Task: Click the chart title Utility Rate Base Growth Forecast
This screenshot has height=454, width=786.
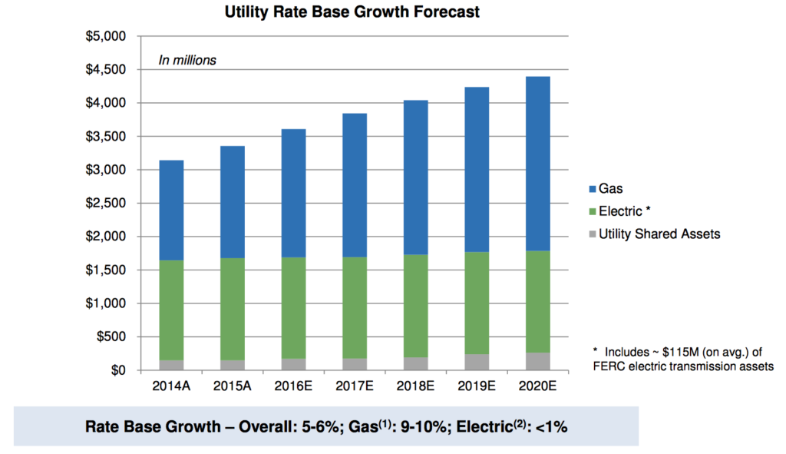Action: point(353,13)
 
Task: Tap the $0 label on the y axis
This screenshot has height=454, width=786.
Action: point(118,370)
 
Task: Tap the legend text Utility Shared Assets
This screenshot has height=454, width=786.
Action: point(660,234)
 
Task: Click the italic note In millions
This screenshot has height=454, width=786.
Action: point(187,60)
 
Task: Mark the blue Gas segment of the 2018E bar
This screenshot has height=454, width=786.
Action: point(415,177)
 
